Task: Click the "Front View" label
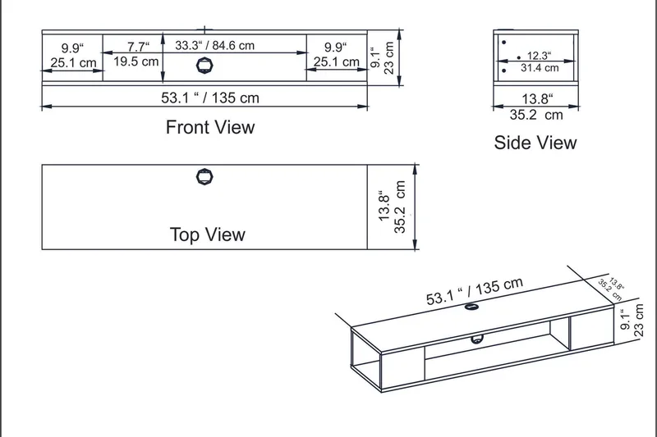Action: [210, 127]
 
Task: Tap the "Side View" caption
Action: [535, 143]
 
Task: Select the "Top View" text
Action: [207, 234]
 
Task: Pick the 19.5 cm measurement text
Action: [136, 61]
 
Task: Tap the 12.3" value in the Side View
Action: [538, 56]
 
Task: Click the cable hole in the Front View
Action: [204, 66]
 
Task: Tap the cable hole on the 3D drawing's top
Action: [472, 307]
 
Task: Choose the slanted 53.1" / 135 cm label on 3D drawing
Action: [474, 290]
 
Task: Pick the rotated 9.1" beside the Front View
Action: [375, 57]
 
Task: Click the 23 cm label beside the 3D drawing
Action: [643, 318]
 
